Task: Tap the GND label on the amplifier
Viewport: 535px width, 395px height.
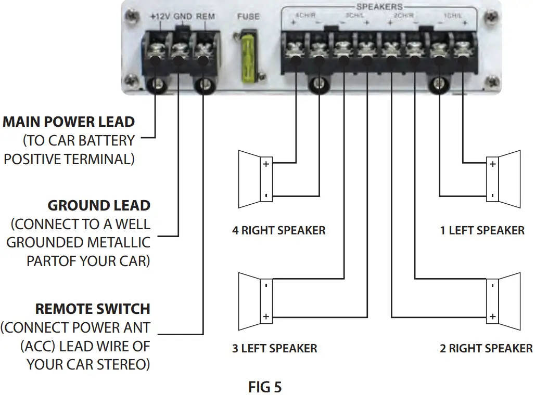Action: click(x=183, y=17)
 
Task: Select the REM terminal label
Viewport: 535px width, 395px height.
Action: click(x=205, y=17)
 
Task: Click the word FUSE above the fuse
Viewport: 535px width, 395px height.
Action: click(x=248, y=17)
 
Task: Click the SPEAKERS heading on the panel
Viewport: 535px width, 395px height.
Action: click(x=379, y=7)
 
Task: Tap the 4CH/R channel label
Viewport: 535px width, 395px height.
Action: click(x=305, y=16)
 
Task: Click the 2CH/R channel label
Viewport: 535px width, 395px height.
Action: click(x=403, y=16)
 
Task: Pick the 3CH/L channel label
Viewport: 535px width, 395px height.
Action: click(x=354, y=16)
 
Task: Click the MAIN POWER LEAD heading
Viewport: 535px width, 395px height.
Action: click(x=69, y=122)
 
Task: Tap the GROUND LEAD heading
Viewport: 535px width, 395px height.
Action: click(x=99, y=205)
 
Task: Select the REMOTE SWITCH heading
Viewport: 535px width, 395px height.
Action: click(x=93, y=309)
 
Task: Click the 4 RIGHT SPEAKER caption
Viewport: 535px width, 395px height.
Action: click(x=278, y=230)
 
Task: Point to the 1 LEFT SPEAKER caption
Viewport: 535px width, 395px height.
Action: click(x=482, y=230)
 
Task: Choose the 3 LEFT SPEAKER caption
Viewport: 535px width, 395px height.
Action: click(x=274, y=348)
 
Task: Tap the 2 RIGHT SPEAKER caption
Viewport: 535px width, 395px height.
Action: click(x=486, y=348)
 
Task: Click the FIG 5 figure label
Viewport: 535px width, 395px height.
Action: click(x=265, y=387)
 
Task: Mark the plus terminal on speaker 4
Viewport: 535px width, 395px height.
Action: click(x=266, y=164)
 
